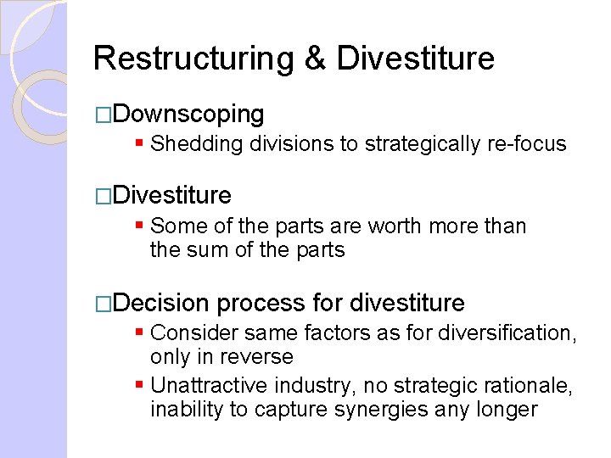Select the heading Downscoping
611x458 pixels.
(188, 114)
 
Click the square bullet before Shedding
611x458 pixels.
(140, 144)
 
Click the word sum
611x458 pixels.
(206, 250)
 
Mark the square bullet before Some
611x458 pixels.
(140, 226)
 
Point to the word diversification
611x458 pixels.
(503, 333)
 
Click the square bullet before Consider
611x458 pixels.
(140, 333)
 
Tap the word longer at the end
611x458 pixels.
(506, 411)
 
